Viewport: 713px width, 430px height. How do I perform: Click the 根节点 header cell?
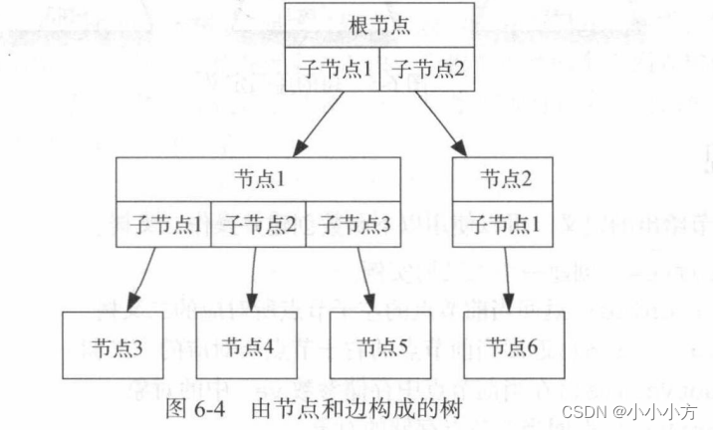point(379,26)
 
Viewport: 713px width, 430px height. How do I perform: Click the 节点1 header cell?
point(258,179)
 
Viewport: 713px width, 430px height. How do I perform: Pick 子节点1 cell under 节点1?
point(163,224)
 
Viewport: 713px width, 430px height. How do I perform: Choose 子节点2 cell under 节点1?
point(258,224)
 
